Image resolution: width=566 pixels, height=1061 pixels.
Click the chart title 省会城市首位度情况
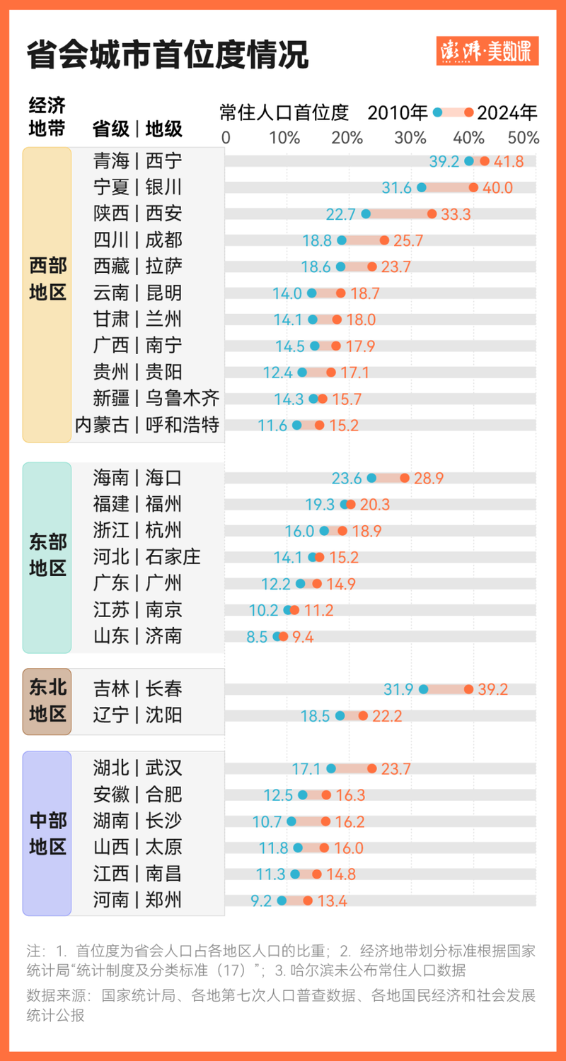tap(168, 54)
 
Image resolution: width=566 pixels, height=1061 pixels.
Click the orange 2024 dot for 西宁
tap(485, 161)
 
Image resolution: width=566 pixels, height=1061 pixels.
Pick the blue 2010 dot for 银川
tap(422, 187)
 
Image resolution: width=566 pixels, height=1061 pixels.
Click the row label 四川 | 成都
tap(137, 240)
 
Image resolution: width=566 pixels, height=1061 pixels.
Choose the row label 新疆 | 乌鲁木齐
tap(156, 399)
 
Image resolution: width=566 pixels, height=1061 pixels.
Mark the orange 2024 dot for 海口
tap(405, 479)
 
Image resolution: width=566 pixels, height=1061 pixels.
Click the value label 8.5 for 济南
tap(257, 637)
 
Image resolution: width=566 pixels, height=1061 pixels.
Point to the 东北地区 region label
tap(47, 701)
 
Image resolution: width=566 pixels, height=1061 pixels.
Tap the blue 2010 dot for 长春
tap(424, 689)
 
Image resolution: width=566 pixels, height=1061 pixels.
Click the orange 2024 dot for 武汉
tap(372, 768)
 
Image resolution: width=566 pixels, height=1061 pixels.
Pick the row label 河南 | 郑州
tap(137, 901)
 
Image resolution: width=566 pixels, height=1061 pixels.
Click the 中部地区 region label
tap(47, 833)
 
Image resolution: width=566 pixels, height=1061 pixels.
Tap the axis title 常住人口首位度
tap(284, 112)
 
